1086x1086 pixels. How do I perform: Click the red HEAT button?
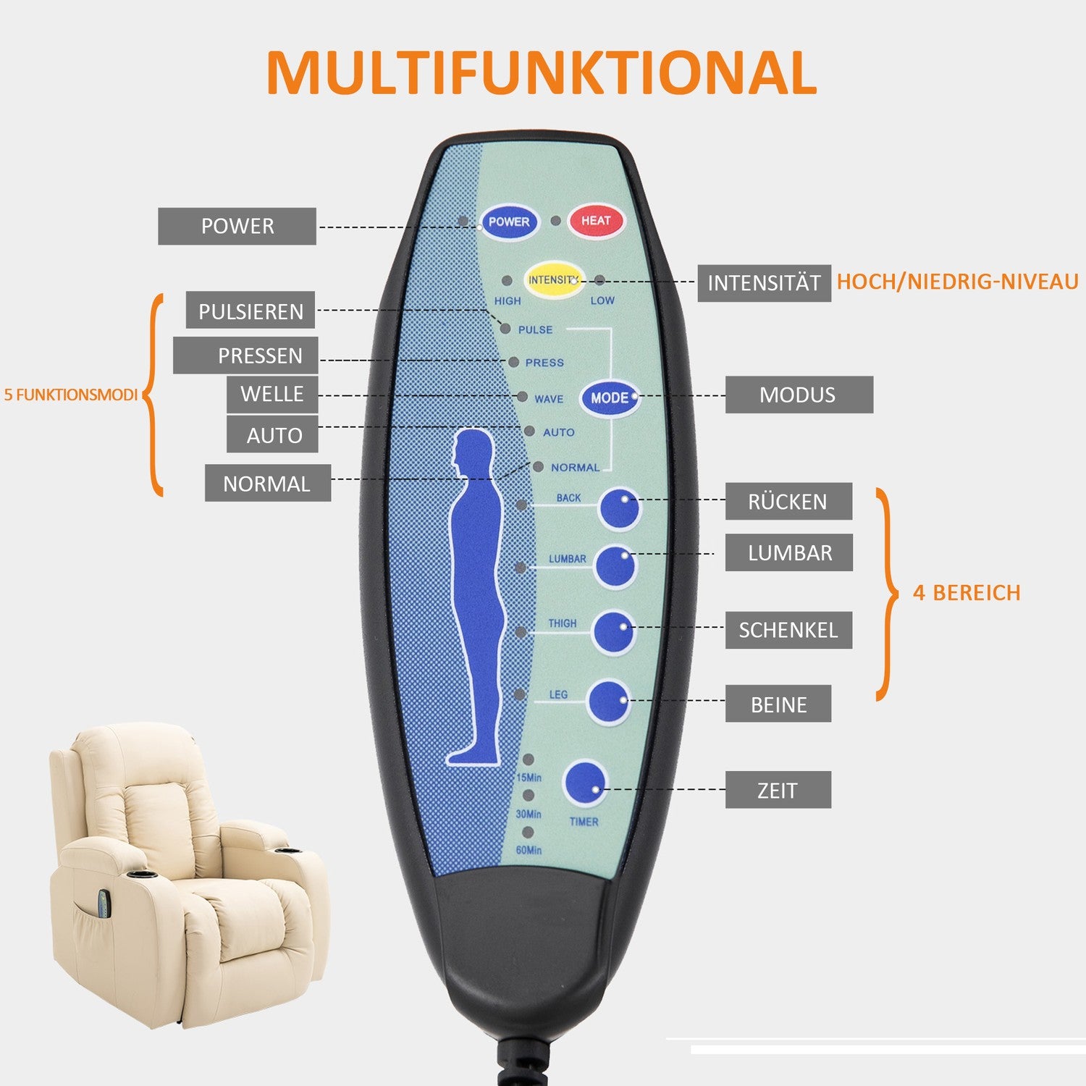coord(596,221)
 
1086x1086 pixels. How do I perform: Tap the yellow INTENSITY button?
coord(554,280)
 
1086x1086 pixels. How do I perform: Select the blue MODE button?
coord(610,397)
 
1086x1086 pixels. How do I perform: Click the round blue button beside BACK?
coord(620,508)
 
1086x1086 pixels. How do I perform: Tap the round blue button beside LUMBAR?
coord(615,566)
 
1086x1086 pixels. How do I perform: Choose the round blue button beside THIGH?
coord(614,632)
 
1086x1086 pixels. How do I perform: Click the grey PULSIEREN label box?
coord(251,311)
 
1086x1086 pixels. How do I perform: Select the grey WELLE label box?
coord(272,394)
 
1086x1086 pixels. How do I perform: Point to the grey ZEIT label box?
coord(778,790)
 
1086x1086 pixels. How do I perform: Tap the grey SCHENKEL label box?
coord(788,630)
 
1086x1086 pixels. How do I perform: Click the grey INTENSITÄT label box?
coord(764,283)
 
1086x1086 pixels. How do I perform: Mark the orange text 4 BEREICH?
coord(967,593)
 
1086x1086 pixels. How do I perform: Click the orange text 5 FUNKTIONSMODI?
coord(71,395)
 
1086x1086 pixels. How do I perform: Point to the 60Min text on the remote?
coord(529,850)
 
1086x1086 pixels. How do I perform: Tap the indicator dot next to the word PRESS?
coord(513,362)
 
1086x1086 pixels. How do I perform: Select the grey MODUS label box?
coord(799,395)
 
